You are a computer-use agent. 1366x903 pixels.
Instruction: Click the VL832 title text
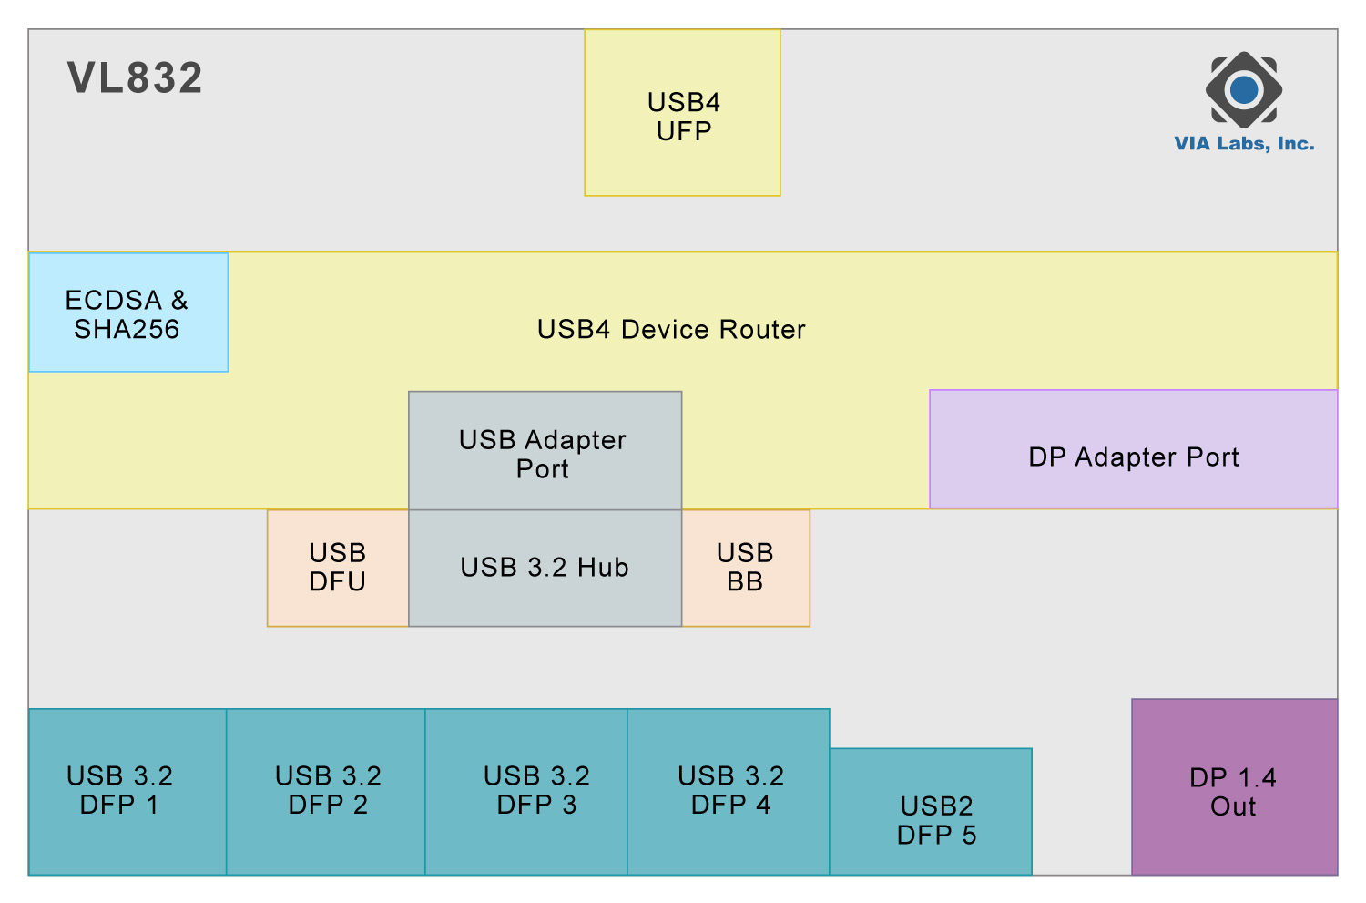click(x=135, y=77)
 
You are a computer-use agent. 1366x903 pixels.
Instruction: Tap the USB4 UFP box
click(x=682, y=113)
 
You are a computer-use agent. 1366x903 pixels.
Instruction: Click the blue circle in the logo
click(x=1244, y=89)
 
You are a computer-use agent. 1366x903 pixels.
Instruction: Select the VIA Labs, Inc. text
click(x=1244, y=143)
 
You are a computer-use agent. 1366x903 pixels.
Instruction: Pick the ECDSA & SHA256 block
click(x=128, y=313)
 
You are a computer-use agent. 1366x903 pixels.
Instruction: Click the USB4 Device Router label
click(x=671, y=330)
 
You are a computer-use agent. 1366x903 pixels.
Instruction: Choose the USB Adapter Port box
click(x=545, y=450)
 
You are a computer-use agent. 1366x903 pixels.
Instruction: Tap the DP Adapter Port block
click(x=1134, y=449)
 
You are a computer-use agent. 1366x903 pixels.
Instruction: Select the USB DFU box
click(x=338, y=568)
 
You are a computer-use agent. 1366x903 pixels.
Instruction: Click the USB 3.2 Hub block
click(x=545, y=568)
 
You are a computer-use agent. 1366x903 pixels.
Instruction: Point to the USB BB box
click(x=746, y=568)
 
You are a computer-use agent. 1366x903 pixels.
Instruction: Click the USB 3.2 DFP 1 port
click(x=127, y=792)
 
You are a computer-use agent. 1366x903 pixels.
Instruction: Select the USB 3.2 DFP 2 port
click(x=326, y=792)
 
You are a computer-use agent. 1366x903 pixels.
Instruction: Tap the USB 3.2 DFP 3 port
click(x=526, y=792)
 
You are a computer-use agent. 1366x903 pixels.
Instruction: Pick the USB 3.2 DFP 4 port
click(x=729, y=792)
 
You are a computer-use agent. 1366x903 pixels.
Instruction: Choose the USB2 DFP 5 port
click(x=932, y=812)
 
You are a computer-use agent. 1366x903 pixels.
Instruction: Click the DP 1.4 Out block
click(x=1235, y=787)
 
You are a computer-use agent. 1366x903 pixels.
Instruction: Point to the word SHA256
click(x=127, y=330)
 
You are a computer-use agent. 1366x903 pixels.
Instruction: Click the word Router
click(x=762, y=330)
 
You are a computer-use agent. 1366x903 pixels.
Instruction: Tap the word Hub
click(x=603, y=568)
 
